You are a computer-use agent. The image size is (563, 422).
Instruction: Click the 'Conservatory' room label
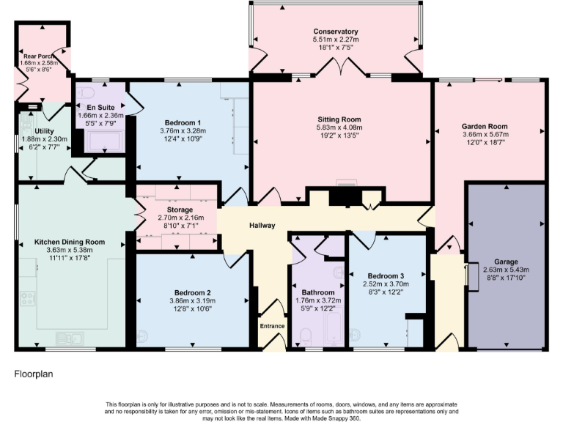coord(336,32)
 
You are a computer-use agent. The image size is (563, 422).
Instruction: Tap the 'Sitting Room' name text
coord(339,119)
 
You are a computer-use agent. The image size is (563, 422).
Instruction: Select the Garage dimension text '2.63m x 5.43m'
coord(505,270)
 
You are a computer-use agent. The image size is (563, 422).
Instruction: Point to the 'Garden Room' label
coord(485,126)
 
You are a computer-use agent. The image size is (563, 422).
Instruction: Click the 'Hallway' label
coord(262,225)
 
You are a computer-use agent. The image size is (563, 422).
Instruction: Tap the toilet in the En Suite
coord(85,93)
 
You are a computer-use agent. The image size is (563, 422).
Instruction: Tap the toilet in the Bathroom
coord(306,338)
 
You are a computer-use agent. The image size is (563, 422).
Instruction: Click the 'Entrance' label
coord(272,326)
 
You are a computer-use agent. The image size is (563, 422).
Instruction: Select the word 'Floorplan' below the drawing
coord(34,374)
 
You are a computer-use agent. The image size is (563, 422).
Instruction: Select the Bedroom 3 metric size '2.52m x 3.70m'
coord(383,284)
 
